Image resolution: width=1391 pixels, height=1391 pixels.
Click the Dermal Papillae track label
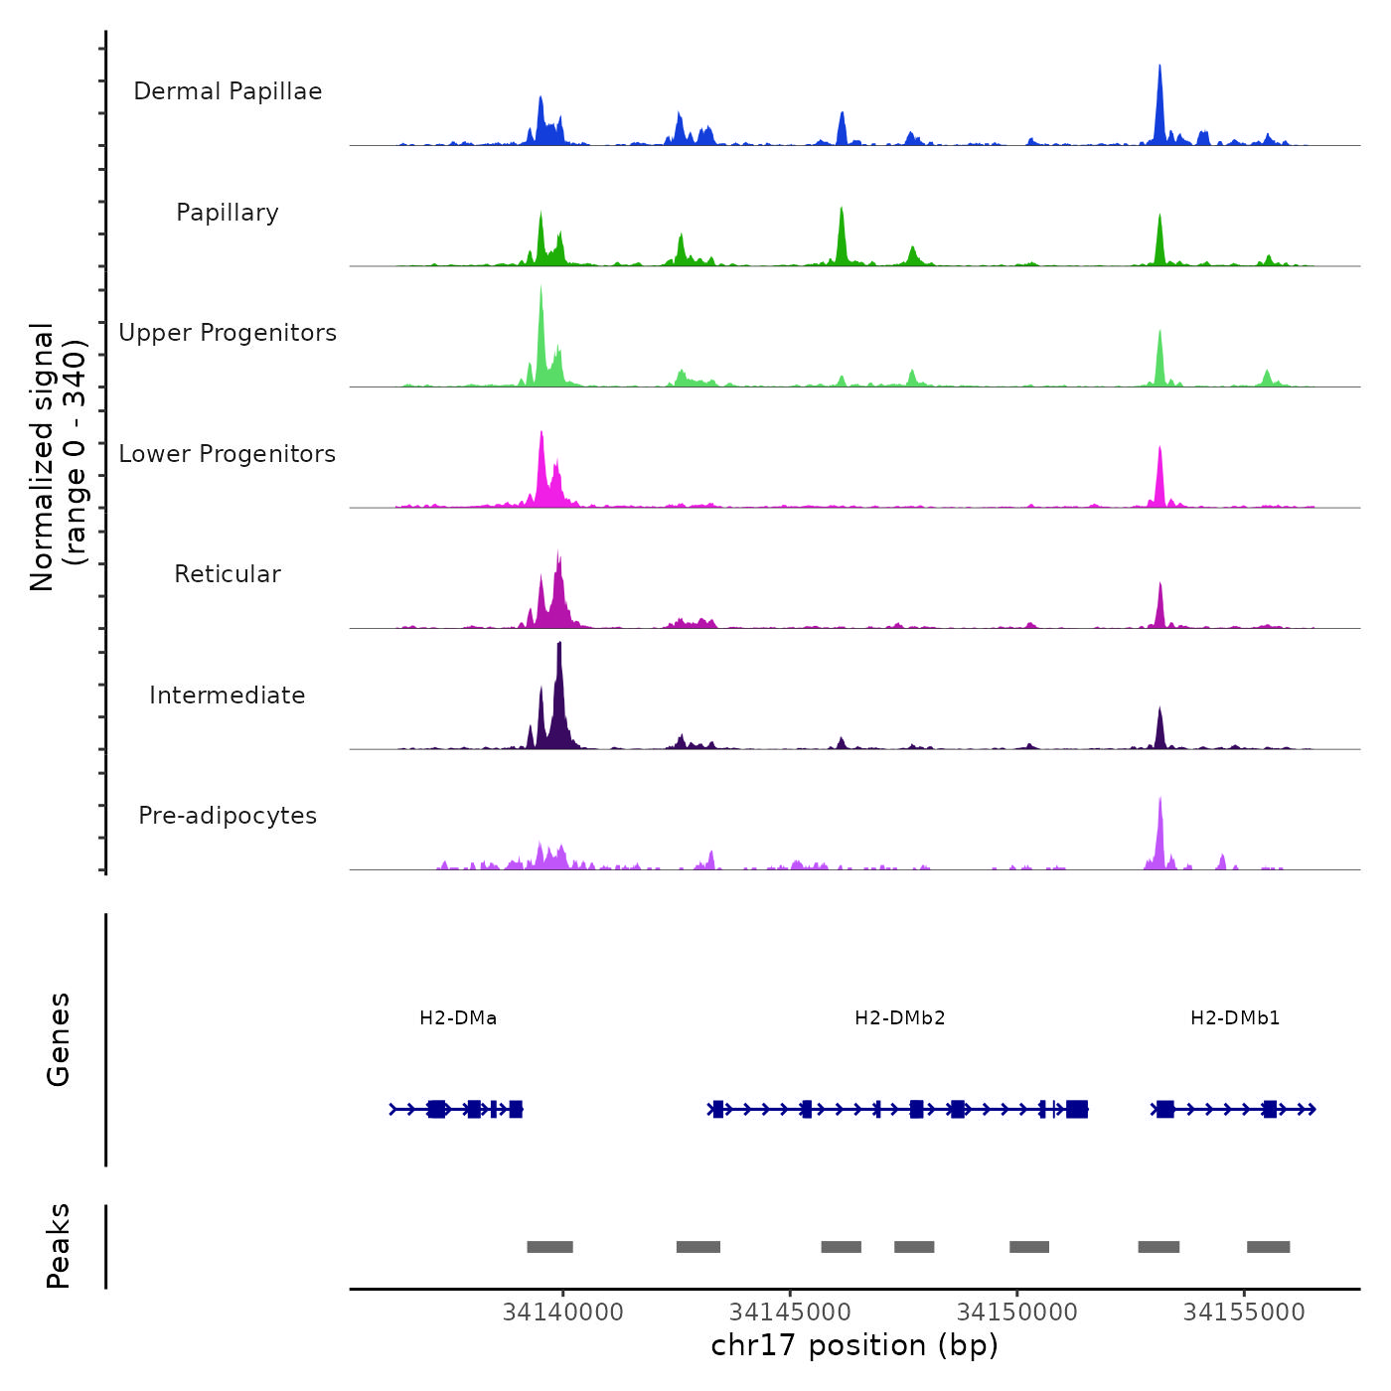tap(228, 91)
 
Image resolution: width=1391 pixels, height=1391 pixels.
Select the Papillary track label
tap(228, 213)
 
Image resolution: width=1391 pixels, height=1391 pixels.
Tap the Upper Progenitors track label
tap(228, 333)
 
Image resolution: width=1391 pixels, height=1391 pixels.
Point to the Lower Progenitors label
tap(228, 454)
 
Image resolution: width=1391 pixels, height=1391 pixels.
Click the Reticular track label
tap(228, 574)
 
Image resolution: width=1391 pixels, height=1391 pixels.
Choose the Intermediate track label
tap(228, 695)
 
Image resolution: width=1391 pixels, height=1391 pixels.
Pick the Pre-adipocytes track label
tap(228, 816)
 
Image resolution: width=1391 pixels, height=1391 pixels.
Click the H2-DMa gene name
tap(458, 1018)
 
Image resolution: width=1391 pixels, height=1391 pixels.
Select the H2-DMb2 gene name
tap(900, 1018)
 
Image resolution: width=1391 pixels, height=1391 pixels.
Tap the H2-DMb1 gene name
tap(1235, 1018)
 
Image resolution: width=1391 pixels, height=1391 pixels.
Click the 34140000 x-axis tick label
tap(563, 1313)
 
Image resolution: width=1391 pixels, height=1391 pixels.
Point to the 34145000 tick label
tap(790, 1313)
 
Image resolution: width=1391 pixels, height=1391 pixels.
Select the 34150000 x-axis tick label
tap(1017, 1313)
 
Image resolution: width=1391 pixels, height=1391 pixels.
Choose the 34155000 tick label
tap(1244, 1313)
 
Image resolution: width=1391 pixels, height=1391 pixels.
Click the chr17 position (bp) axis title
tap(854, 1346)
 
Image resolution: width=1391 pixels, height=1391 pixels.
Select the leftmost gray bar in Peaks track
tap(549, 1247)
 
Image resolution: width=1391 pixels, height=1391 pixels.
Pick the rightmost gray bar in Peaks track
tap(1268, 1247)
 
